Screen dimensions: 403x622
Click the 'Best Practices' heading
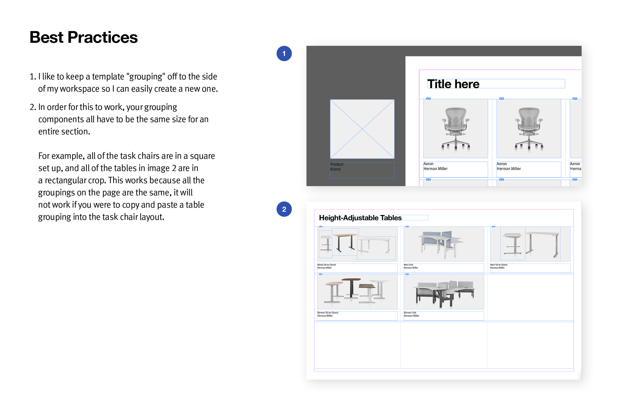(83, 37)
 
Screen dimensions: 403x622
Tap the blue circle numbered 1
(284, 54)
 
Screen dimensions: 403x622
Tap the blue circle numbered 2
(284, 209)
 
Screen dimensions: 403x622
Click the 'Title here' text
(453, 84)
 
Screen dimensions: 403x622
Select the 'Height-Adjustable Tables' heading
(360, 218)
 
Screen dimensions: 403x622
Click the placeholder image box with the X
(362, 129)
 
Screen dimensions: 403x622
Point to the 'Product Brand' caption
(337, 167)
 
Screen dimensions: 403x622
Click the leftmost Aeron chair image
(456, 129)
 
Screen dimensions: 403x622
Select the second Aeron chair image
(529, 129)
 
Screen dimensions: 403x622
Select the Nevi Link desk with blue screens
(441, 243)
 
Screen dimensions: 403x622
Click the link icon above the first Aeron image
(428, 99)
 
